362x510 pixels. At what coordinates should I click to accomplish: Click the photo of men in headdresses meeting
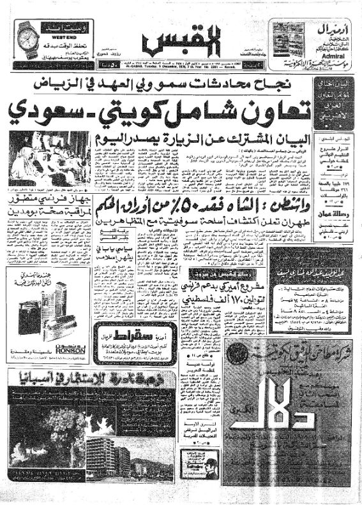(50, 160)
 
